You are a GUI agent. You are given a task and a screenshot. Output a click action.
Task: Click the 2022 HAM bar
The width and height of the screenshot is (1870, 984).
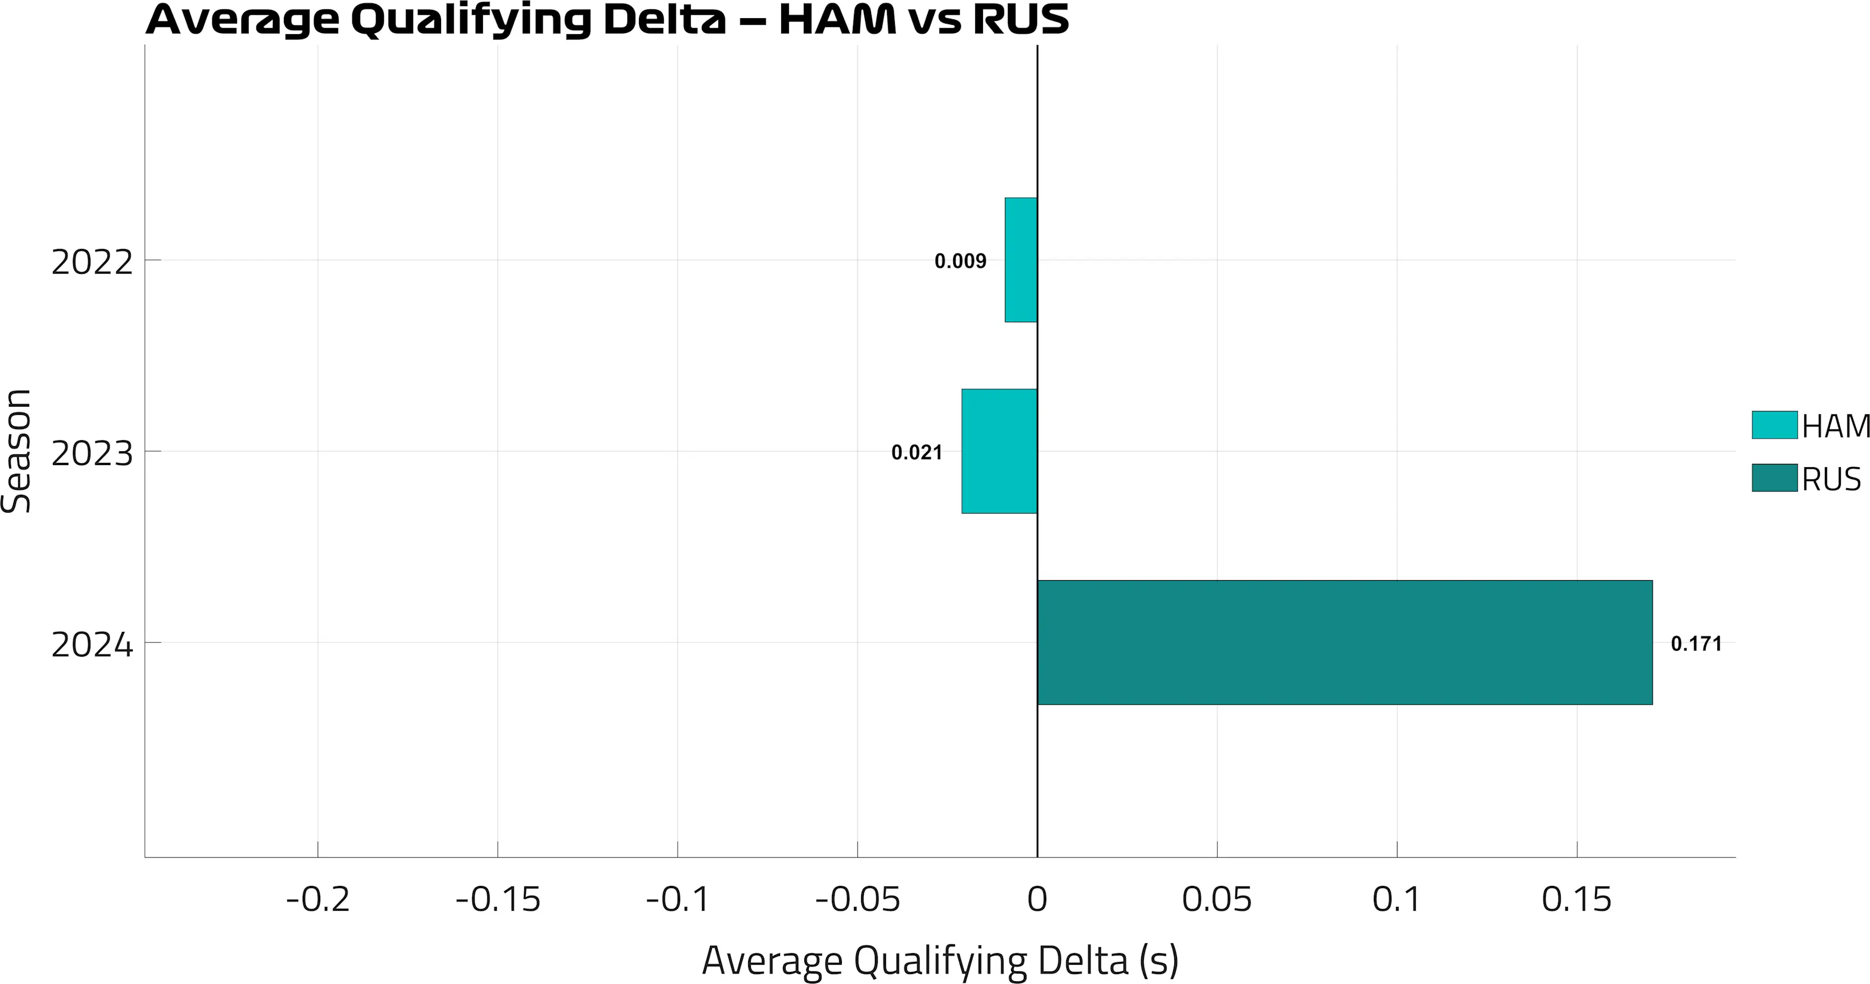pos(1020,260)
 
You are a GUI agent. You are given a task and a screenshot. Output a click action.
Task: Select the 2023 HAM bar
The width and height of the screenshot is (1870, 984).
pos(999,451)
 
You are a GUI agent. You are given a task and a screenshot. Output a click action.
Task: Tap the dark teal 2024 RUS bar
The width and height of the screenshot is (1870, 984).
pos(1345,642)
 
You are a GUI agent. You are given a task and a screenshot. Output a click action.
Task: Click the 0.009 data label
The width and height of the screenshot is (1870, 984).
pos(960,261)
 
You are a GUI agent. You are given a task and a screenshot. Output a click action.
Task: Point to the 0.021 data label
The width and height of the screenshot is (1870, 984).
pos(916,453)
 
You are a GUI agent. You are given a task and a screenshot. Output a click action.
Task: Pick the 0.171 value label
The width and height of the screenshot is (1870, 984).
pos(1696,644)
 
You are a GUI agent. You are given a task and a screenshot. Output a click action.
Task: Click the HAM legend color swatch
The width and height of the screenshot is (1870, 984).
pos(1774,425)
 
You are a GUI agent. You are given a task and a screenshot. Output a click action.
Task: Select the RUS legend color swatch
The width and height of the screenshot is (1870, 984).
pos(1774,478)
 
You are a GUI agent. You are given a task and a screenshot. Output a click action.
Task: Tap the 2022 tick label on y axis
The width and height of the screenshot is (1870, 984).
pos(92,262)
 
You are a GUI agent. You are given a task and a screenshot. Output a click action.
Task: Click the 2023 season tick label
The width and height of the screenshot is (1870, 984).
pos(92,453)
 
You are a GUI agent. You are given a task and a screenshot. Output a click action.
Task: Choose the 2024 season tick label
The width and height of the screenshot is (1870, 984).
pos(92,645)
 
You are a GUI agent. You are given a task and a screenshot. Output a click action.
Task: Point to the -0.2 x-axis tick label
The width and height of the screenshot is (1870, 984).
pos(318,900)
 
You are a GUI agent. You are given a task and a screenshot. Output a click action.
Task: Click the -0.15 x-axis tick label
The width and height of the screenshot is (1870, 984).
pos(498,900)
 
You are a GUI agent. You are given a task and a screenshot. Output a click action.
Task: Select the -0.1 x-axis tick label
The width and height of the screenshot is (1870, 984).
pos(678,900)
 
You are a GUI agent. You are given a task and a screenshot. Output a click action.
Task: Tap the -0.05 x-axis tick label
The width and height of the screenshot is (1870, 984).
pos(857,900)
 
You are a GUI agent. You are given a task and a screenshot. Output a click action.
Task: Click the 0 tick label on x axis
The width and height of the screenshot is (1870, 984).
pos(1038,900)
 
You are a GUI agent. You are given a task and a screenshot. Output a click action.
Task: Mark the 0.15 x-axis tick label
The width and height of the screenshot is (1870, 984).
pos(1576,900)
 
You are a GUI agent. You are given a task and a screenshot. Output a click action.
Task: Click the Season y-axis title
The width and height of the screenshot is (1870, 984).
pos(16,451)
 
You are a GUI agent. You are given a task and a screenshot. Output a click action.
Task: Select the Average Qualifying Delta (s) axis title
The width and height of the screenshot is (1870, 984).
pos(940,961)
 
